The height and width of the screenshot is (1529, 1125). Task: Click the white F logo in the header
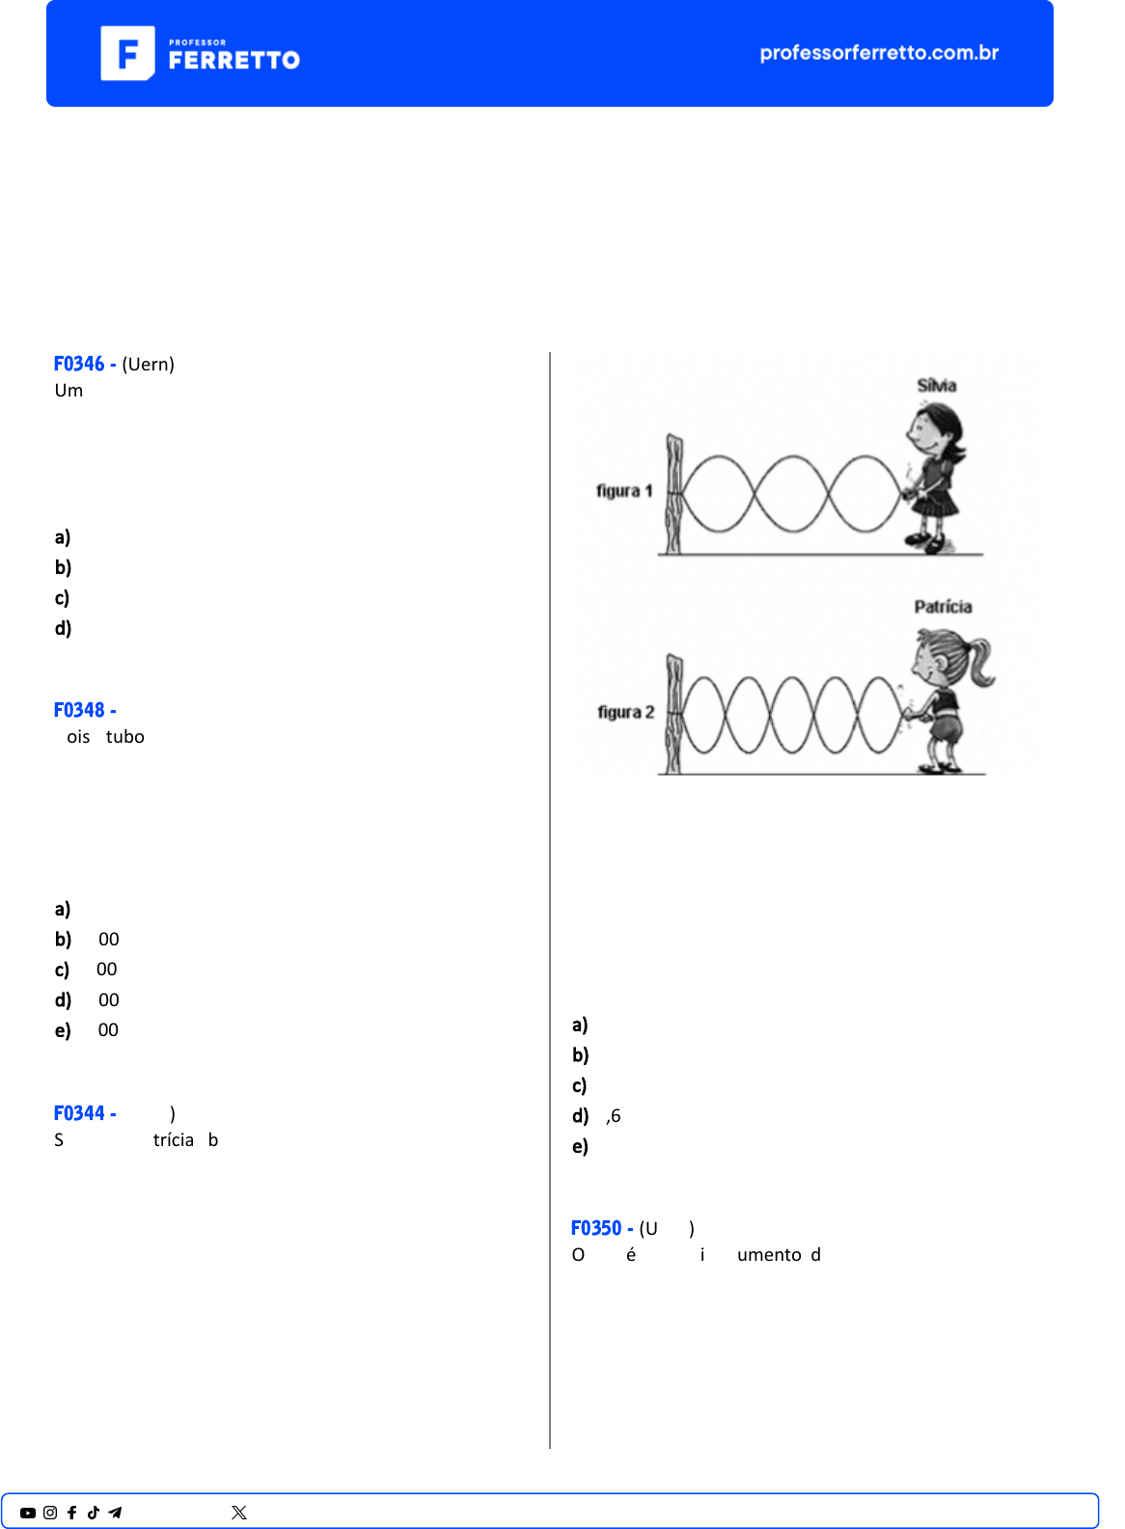click(127, 53)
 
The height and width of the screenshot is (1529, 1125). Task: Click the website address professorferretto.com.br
click(879, 53)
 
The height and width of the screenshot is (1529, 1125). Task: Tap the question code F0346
click(79, 364)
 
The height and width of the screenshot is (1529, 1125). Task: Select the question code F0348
click(79, 710)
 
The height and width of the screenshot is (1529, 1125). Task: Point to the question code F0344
click(79, 1113)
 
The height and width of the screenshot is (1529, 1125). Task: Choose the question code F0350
click(596, 1228)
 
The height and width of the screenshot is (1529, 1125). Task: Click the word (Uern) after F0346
click(148, 365)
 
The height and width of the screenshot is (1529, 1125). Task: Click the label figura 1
click(624, 491)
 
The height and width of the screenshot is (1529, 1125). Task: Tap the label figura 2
click(625, 712)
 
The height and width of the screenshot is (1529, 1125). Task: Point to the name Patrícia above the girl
click(943, 607)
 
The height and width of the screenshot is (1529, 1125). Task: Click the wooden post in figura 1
click(673, 494)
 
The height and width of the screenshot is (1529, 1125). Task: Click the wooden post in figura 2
click(673, 714)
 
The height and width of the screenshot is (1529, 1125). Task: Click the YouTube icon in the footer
click(28, 1513)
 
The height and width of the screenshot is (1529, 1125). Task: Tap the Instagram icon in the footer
click(50, 1513)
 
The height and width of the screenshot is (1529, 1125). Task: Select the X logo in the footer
click(239, 1513)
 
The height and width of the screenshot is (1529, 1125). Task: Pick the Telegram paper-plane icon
click(115, 1513)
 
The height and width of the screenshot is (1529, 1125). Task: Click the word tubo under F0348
click(125, 737)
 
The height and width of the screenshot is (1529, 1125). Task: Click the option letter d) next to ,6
click(580, 1116)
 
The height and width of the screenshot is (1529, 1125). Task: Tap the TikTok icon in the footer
click(94, 1513)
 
